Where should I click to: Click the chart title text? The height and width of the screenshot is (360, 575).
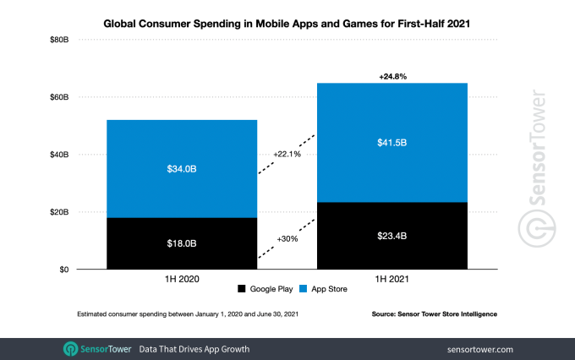click(x=287, y=25)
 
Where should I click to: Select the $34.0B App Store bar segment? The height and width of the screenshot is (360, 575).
click(x=181, y=169)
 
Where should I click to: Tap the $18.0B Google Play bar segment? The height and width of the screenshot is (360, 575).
click(x=181, y=243)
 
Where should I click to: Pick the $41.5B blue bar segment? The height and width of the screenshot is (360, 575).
click(x=392, y=142)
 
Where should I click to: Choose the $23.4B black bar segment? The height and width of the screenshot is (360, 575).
click(x=392, y=236)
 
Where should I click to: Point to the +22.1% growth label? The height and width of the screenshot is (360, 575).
click(x=287, y=154)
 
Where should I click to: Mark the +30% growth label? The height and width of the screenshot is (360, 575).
click(x=287, y=238)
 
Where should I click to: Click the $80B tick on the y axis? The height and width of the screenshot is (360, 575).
click(x=57, y=40)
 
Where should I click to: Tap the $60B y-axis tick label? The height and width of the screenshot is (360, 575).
click(x=57, y=97)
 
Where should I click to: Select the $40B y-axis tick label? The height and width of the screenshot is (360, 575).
click(x=57, y=155)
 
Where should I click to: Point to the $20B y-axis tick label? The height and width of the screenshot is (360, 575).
click(x=57, y=212)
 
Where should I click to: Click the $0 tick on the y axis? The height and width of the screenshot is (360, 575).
click(x=63, y=270)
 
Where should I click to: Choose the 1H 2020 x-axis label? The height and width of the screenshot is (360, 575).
click(x=181, y=278)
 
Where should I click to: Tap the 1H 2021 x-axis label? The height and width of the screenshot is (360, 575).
click(x=392, y=278)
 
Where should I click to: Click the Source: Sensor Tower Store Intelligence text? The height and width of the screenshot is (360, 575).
click(x=434, y=314)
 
